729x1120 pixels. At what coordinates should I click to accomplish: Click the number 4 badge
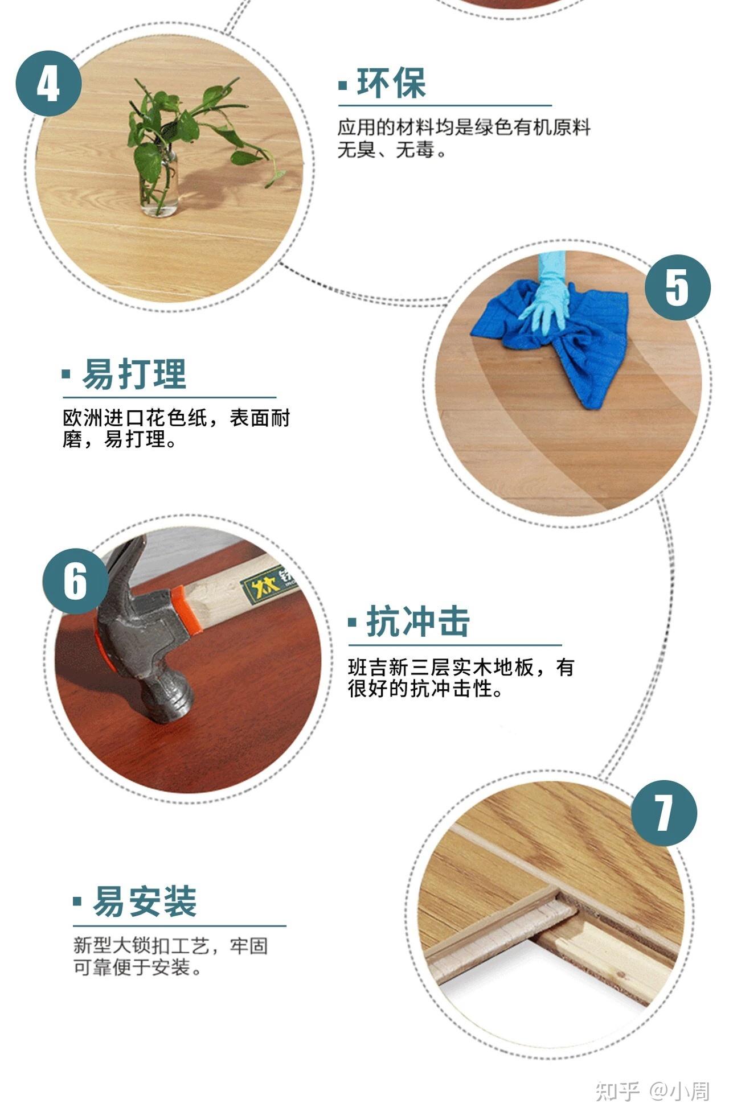[x=48, y=84]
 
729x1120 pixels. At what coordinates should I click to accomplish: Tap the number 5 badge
[x=677, y=287]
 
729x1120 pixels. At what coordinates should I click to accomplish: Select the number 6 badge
[x=76, y=580]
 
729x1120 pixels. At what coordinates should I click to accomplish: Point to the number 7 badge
[x=664, y=813]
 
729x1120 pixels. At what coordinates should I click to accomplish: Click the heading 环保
[x=391, y=84]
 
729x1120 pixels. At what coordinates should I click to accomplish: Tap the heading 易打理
[x=134, y=374]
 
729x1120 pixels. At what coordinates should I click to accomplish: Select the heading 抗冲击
[x=417, y=621]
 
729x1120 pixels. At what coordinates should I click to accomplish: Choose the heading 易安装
[x=145, y=901]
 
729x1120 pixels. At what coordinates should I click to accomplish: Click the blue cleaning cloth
[x=587, y=353]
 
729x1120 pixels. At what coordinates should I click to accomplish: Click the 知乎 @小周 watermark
[x=652, y=1090]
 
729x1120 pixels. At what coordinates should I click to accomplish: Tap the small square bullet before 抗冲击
[x=353, y=621]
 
